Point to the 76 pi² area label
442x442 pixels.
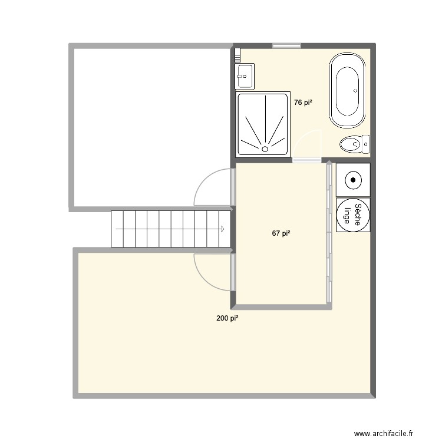click(303, 103)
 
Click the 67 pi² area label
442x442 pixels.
click(281, 233)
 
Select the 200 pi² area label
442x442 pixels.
click(227, 318)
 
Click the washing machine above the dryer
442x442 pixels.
click(352, 179)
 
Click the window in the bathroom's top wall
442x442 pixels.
click(286, 45)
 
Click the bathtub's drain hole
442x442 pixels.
click(355, 91)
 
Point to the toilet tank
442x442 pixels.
click(365, 143)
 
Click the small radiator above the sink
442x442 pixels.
click(237, 55)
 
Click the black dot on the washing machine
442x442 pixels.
click(352, 179)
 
